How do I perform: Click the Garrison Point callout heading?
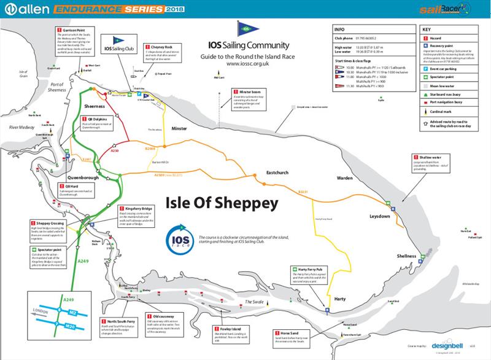point(77,29)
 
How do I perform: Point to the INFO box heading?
point(336,29)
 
